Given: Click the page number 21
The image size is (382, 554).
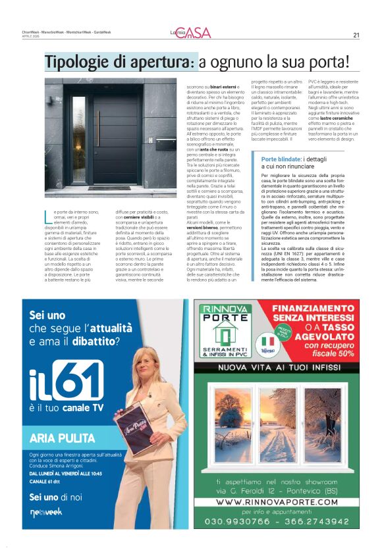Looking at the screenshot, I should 356,35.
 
